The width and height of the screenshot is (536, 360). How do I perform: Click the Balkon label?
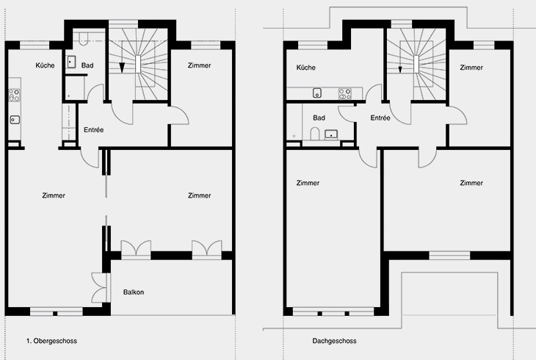134,292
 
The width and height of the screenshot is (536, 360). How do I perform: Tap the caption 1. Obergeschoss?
51,341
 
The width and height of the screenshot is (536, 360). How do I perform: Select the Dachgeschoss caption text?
334,341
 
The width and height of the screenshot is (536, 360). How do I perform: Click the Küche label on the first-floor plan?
45,65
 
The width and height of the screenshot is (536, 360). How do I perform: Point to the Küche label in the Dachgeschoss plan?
306,68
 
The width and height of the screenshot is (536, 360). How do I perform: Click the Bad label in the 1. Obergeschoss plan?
87,65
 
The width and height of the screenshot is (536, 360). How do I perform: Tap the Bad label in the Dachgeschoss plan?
319,118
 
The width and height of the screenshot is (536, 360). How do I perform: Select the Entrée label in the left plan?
94,130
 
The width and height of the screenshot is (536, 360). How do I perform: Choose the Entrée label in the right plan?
380,118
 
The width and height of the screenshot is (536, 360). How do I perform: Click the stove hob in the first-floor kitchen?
15,96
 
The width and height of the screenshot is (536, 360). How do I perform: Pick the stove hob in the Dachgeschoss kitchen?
344,93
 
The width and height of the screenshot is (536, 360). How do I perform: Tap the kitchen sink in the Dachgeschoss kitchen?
317,93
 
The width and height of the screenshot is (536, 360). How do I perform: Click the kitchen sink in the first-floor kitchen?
15,120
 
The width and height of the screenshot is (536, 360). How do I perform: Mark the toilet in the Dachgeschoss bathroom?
314,134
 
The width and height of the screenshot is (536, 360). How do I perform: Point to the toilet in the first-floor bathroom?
84,39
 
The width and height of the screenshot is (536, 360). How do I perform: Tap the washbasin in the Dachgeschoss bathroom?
331,134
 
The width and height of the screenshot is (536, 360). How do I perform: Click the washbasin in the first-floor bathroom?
71,62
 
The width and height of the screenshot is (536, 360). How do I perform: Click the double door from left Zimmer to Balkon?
101,287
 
